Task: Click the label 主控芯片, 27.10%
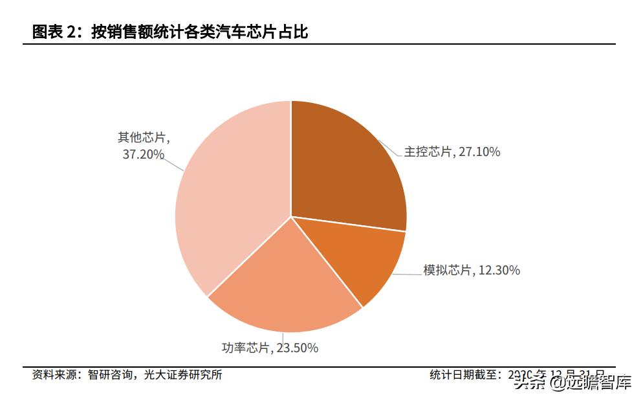[x=452, y=152]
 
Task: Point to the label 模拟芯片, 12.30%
[x=472, y=270]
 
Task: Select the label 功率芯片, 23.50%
[x=270, y=348]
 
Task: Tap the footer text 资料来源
[x=54, y=375]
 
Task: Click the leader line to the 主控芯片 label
[x=389, y=148]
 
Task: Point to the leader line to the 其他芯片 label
[x=174, y=163]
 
